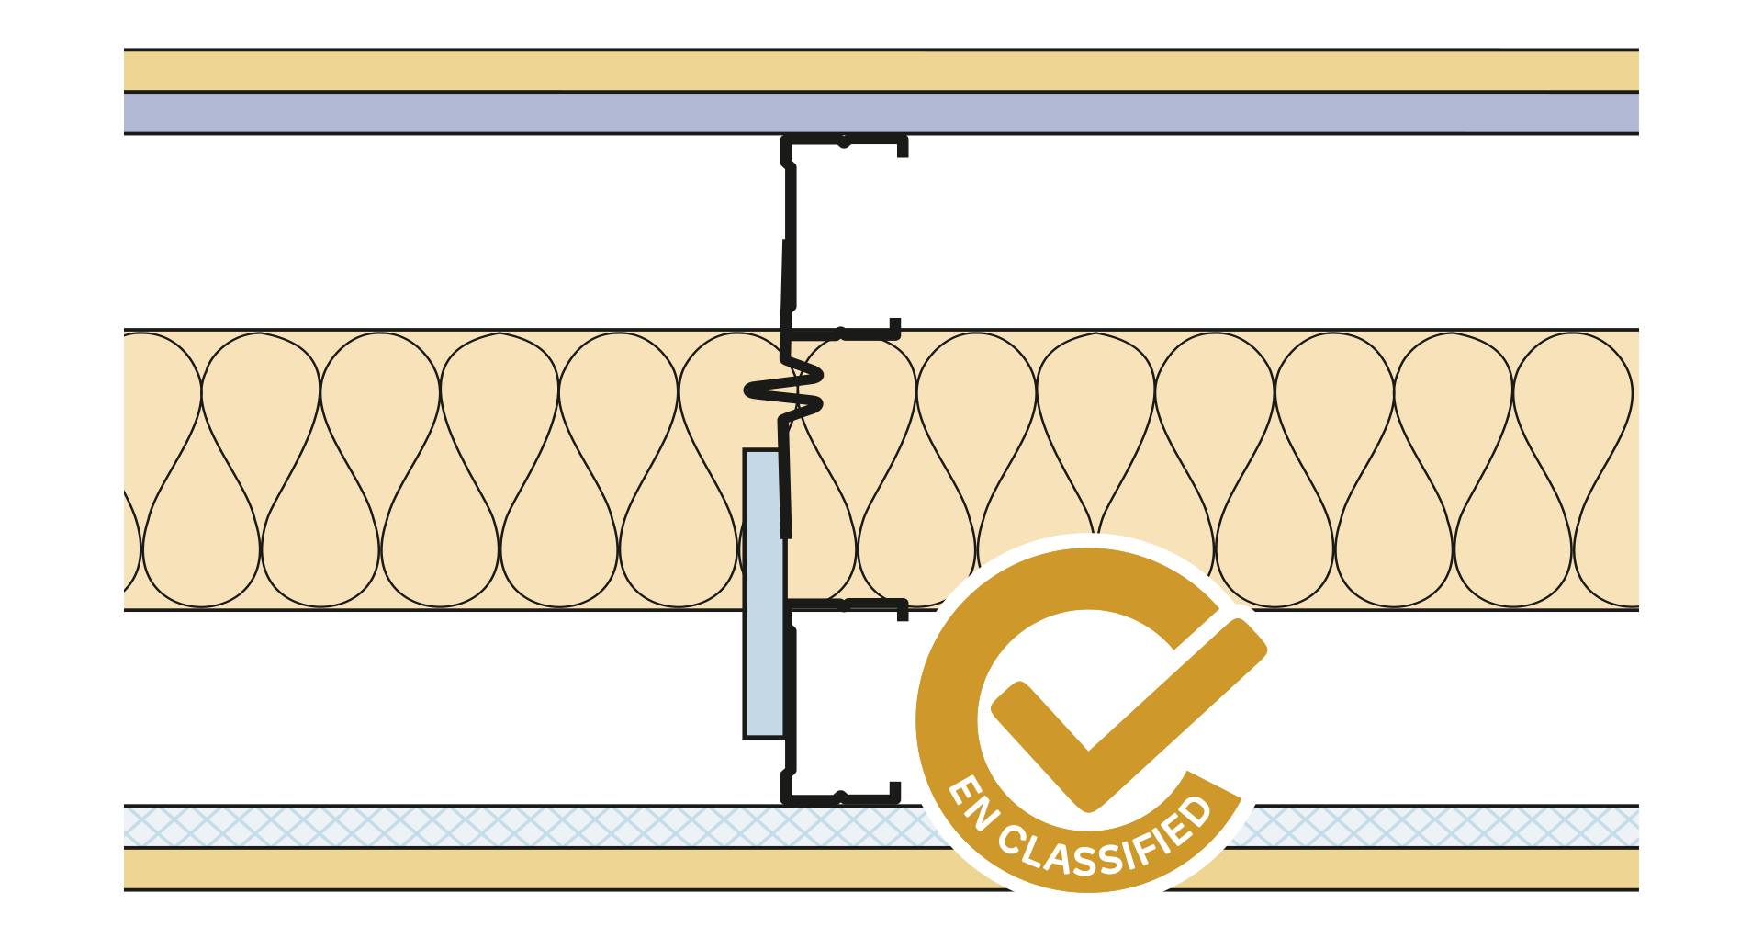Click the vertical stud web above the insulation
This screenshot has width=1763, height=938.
(788, 234)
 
